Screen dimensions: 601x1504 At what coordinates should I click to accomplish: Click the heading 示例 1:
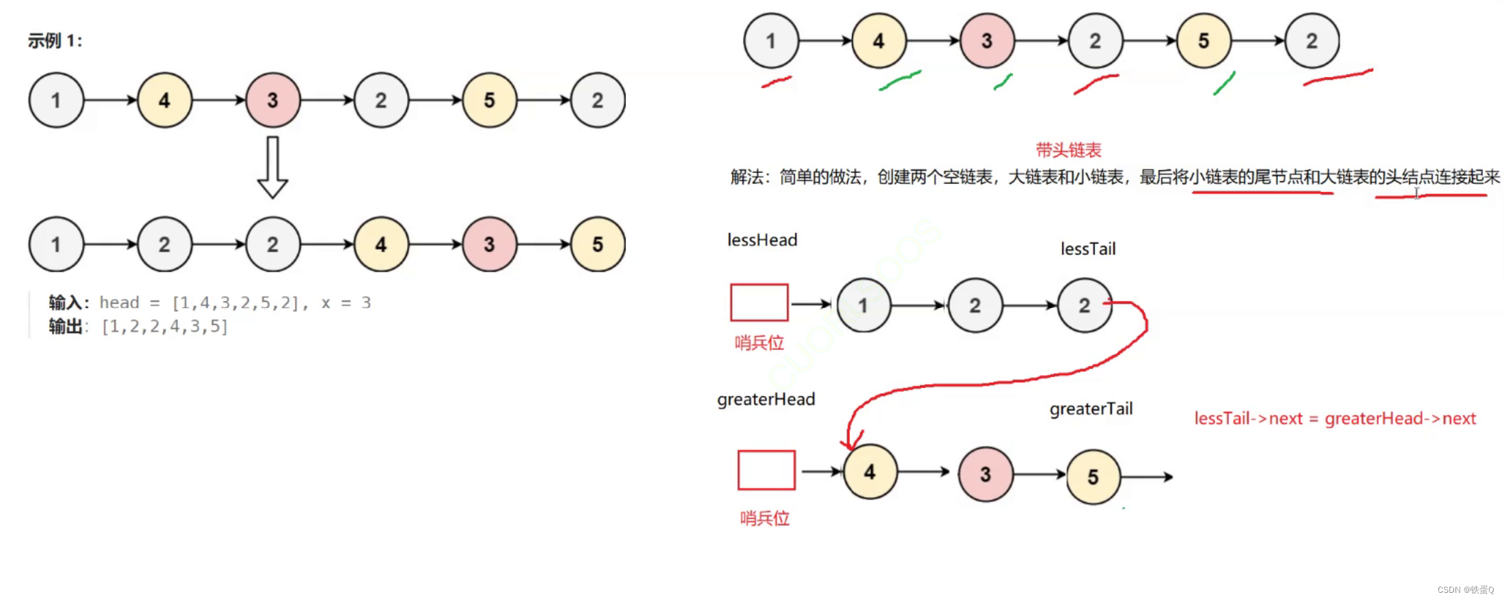[x=55, y=41]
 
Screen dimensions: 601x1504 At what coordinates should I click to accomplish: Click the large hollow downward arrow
[x=272, y=168]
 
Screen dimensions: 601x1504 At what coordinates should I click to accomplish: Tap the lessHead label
[x=762, y=240]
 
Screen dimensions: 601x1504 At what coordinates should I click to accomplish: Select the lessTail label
[x=1088, y=249]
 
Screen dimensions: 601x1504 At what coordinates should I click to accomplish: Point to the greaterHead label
[x=766, y=400]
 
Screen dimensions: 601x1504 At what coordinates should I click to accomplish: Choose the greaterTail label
[x=1091, y=409]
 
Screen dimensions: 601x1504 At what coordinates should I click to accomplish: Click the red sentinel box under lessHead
[x=759, y=303]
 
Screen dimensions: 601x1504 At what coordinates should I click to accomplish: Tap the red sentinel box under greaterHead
[x=766, y=470]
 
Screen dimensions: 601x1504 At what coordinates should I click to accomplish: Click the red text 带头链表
[x=1068, y=150]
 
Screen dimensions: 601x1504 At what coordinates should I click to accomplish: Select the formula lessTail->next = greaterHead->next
[x=1335, y=419]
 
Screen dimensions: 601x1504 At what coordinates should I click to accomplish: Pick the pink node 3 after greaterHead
[x=985, y=475]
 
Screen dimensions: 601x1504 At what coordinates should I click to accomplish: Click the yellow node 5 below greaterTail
[x=1093, y=477]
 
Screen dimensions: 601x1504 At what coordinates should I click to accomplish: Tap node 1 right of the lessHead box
[x=863, y=305]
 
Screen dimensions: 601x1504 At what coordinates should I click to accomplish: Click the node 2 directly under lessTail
[x=1084, y=305]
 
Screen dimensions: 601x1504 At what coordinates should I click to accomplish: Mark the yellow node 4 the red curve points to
[x=869, y=472]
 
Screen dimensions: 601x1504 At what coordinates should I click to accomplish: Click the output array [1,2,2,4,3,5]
[x=165, y=326]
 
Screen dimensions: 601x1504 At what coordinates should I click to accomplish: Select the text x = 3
[x=346, y=303]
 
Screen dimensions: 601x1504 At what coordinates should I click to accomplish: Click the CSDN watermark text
[x=1465, y=589]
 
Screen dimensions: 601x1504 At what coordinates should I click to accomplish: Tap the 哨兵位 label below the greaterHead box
[x=765, y=518]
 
